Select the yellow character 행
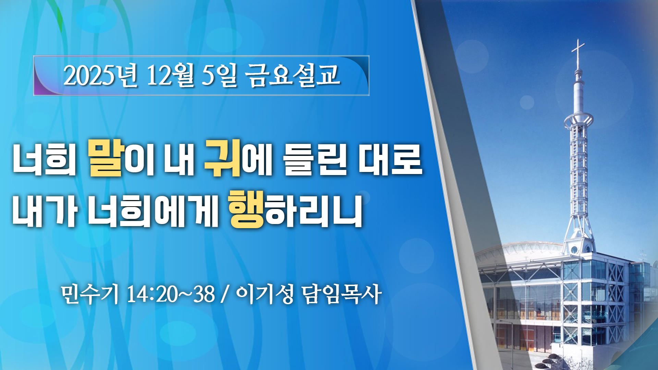[x=247, y=210]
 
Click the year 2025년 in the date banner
[x=101, y=75]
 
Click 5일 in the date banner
[x=219, y=75]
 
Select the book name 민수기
[x=90, y=294]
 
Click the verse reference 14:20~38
[x=171, y=294]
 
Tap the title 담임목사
[x=342, y=294]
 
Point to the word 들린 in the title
[x=315, y=160]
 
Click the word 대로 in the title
[x=390, y=160]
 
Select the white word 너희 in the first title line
[x=45, y=160]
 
